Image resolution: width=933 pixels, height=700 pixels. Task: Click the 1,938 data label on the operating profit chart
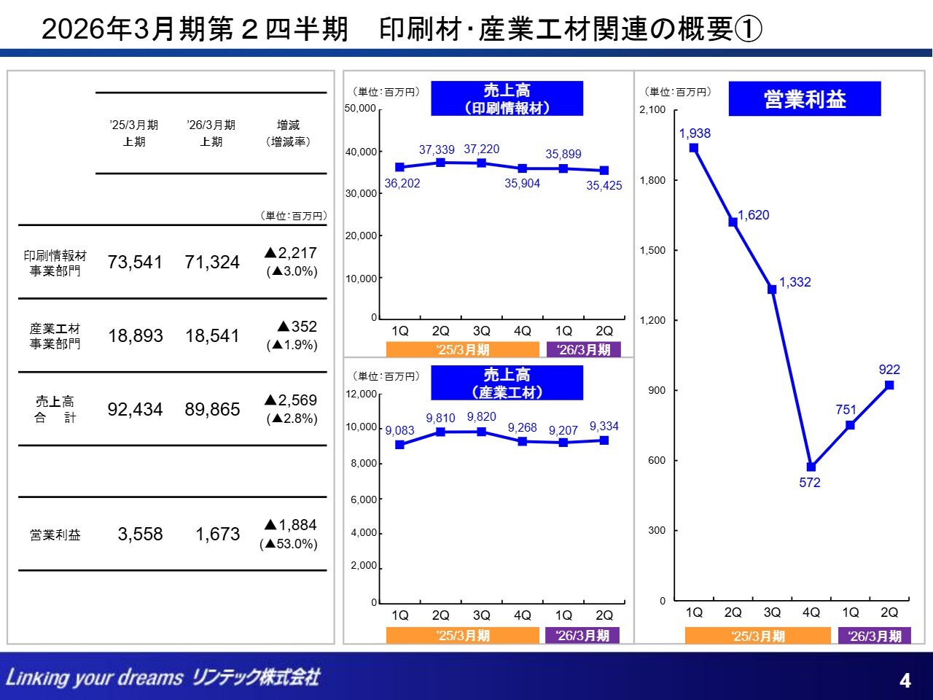694,133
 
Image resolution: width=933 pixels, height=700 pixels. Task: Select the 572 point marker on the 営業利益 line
811,467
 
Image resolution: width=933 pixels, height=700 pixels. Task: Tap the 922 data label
889,370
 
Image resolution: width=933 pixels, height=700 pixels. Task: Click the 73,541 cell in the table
135,262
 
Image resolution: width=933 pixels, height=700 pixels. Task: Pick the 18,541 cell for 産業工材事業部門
212,335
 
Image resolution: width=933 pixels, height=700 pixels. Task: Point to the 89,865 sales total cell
212,409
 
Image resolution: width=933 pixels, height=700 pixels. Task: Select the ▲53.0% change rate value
289,544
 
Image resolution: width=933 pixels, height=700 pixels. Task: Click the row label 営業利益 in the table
55,535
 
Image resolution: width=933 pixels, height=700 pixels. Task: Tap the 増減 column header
288,125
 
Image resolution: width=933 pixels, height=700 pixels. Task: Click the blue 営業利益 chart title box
805,99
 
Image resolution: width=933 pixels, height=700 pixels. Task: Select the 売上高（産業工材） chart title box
507,383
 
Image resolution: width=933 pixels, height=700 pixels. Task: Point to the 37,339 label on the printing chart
437,149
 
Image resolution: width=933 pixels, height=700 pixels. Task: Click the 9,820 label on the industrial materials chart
481,416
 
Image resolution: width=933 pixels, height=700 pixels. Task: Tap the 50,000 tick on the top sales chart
360,109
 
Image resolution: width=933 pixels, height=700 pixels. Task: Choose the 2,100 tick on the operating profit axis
652,110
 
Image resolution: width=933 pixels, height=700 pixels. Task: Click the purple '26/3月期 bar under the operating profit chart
875,636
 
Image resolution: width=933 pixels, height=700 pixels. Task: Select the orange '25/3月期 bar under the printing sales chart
462,350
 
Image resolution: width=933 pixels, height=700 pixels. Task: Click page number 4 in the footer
905,680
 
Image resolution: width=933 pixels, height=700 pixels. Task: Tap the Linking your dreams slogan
94,677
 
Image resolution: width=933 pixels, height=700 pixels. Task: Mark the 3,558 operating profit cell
140,534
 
